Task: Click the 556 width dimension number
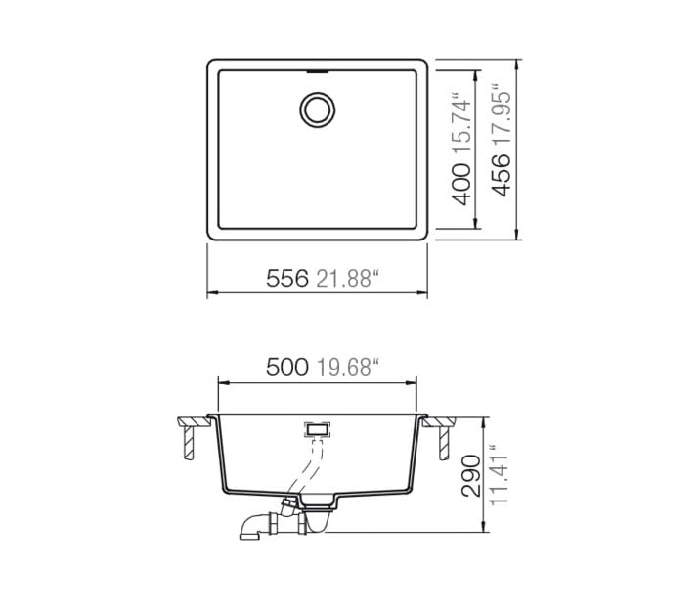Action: click(287, 279)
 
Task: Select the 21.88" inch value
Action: click(348, 279)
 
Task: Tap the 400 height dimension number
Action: click(461, 185)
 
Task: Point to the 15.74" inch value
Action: click(461, 124)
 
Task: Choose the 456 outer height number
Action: click(501, 175)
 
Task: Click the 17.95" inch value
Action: click(501, 114)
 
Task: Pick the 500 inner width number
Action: click(287, 368)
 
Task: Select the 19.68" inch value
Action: click(348, 368)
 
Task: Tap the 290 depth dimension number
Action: click(471, 476)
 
